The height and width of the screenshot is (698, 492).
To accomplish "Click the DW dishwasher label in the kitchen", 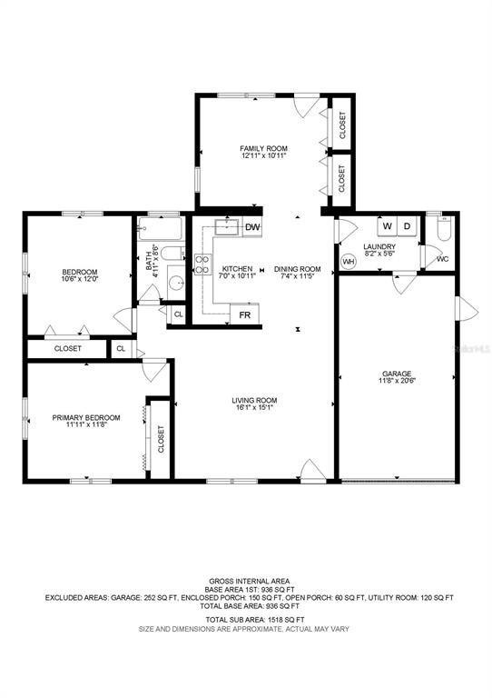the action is click(252, 227).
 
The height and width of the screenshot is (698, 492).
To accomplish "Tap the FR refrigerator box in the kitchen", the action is click(245, 314).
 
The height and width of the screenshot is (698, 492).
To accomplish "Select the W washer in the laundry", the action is click(387, 226).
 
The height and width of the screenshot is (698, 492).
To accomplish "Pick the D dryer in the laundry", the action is click(407, 226).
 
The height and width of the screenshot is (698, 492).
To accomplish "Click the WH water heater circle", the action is click(349, 262).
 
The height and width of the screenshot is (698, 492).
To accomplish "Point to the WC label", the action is click(443, 259).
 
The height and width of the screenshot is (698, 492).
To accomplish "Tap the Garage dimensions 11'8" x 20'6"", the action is click(397, 381).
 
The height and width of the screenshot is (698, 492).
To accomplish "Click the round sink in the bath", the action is click(177, 283).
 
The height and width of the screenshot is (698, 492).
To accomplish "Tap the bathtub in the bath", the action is click(160, 228).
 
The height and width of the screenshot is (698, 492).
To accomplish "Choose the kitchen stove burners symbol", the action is click(202, 264).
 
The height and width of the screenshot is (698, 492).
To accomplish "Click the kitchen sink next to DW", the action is click(228, 227).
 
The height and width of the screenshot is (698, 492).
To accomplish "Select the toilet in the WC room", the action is click(444, 229).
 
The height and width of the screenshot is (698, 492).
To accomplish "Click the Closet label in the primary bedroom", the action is click(161, 439).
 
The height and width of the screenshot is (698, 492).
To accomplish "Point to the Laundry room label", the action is click(379, 246).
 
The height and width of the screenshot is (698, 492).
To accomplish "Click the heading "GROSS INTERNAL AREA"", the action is click(250, 581).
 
